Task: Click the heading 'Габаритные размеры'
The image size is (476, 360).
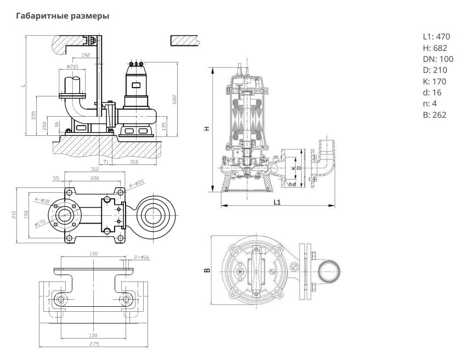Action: coord(63,16)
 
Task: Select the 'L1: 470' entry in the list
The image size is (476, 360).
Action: coord(437,37)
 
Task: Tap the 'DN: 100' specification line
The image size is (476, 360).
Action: coord(438,59)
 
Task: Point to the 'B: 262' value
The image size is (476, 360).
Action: coord(435,115)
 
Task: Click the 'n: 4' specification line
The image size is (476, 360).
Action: coord(430,104)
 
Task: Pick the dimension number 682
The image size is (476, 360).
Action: coord(174,100)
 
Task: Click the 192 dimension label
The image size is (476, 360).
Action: coord(86,55)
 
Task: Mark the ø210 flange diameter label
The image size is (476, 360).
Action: coord(72,66)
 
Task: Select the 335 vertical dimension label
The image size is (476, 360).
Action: coord(33,115)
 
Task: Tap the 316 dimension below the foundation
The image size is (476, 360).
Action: coord(134,162)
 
